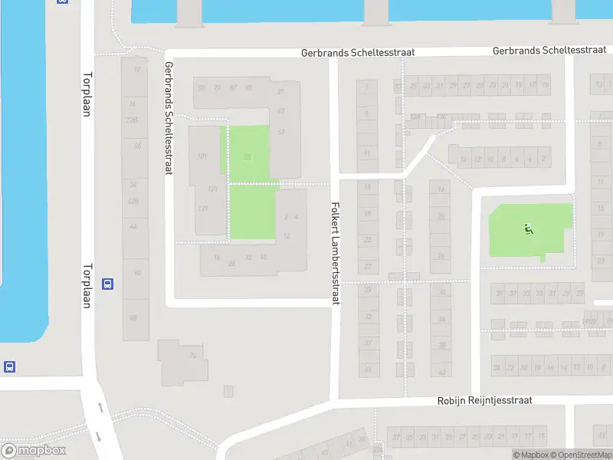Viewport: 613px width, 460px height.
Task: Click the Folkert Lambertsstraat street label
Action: pos(334,254)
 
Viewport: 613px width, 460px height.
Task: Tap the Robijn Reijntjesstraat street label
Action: pos(484,400)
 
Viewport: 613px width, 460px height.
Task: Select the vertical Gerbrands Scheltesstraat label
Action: pos(168,118)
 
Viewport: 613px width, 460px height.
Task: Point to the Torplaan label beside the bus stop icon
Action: pos(86,286)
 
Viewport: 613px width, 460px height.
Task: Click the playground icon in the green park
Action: pos(528,228)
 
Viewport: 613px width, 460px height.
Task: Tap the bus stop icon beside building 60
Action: pos(107,283)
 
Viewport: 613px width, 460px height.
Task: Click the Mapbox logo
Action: pos(34,451)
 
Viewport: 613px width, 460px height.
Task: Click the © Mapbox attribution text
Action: pos(530,455)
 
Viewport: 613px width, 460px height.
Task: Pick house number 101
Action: pos(202,156)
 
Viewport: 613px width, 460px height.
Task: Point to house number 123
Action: pos(212,189)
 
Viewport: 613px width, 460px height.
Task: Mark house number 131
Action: pos(202,209)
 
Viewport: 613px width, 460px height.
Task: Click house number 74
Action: pos(192,356)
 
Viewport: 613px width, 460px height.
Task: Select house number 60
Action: pos(137,273)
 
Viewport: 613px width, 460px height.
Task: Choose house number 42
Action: pos(441,372)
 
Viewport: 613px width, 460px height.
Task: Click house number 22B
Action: pos(133,119)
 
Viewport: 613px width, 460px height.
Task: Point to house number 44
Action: pos(133,227)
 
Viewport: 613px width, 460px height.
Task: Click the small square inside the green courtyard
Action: pos(247,157)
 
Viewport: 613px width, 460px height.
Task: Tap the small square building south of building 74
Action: pos(228,391)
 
